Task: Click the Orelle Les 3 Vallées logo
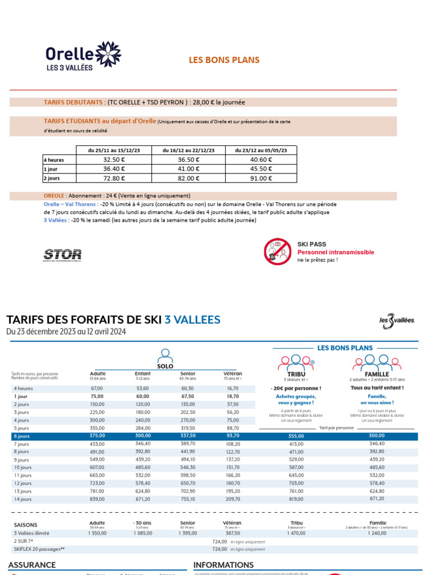click(x=83, y=57)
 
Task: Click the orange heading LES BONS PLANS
click(x=224, y=60)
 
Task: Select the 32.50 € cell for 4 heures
click(x=114, y=159)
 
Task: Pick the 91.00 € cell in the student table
click(x=260, y=178)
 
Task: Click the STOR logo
click(x=62, y=255)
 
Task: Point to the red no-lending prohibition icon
click(x=277, y=252)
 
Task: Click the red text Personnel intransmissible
click(x=336, y=252)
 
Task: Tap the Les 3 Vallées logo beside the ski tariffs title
click(x=397, y=321)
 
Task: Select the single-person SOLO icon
click(x=165, y=355)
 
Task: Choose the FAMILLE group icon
click(x=377, y=363)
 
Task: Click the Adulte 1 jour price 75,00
click(x=97, y=396)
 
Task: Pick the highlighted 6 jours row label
click(x=22, y=436)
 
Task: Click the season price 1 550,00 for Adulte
click(x=97, y=533)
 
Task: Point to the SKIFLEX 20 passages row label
click(x=38, y=549)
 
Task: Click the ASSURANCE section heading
click(x=32, y=565)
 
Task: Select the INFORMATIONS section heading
click(x=223, y=565)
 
